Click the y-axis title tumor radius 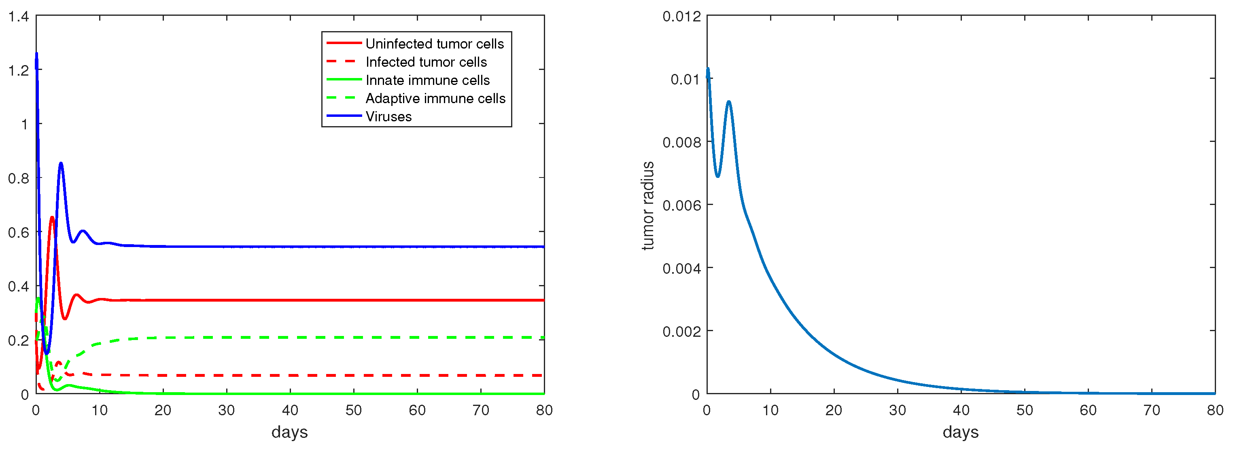click(647, 206)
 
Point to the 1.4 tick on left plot click(18, 17)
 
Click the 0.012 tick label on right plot click(681, 17)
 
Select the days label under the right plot click(960, 432)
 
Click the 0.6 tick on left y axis click(18, 232)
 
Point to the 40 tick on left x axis click(290, 410)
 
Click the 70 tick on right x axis click(1151, 410)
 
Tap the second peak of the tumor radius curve click(728, 102)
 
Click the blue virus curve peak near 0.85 click(61, 164)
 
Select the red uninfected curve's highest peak click(52, 218)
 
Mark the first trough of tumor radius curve click(717, 176)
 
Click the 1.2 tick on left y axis click(18, 71)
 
